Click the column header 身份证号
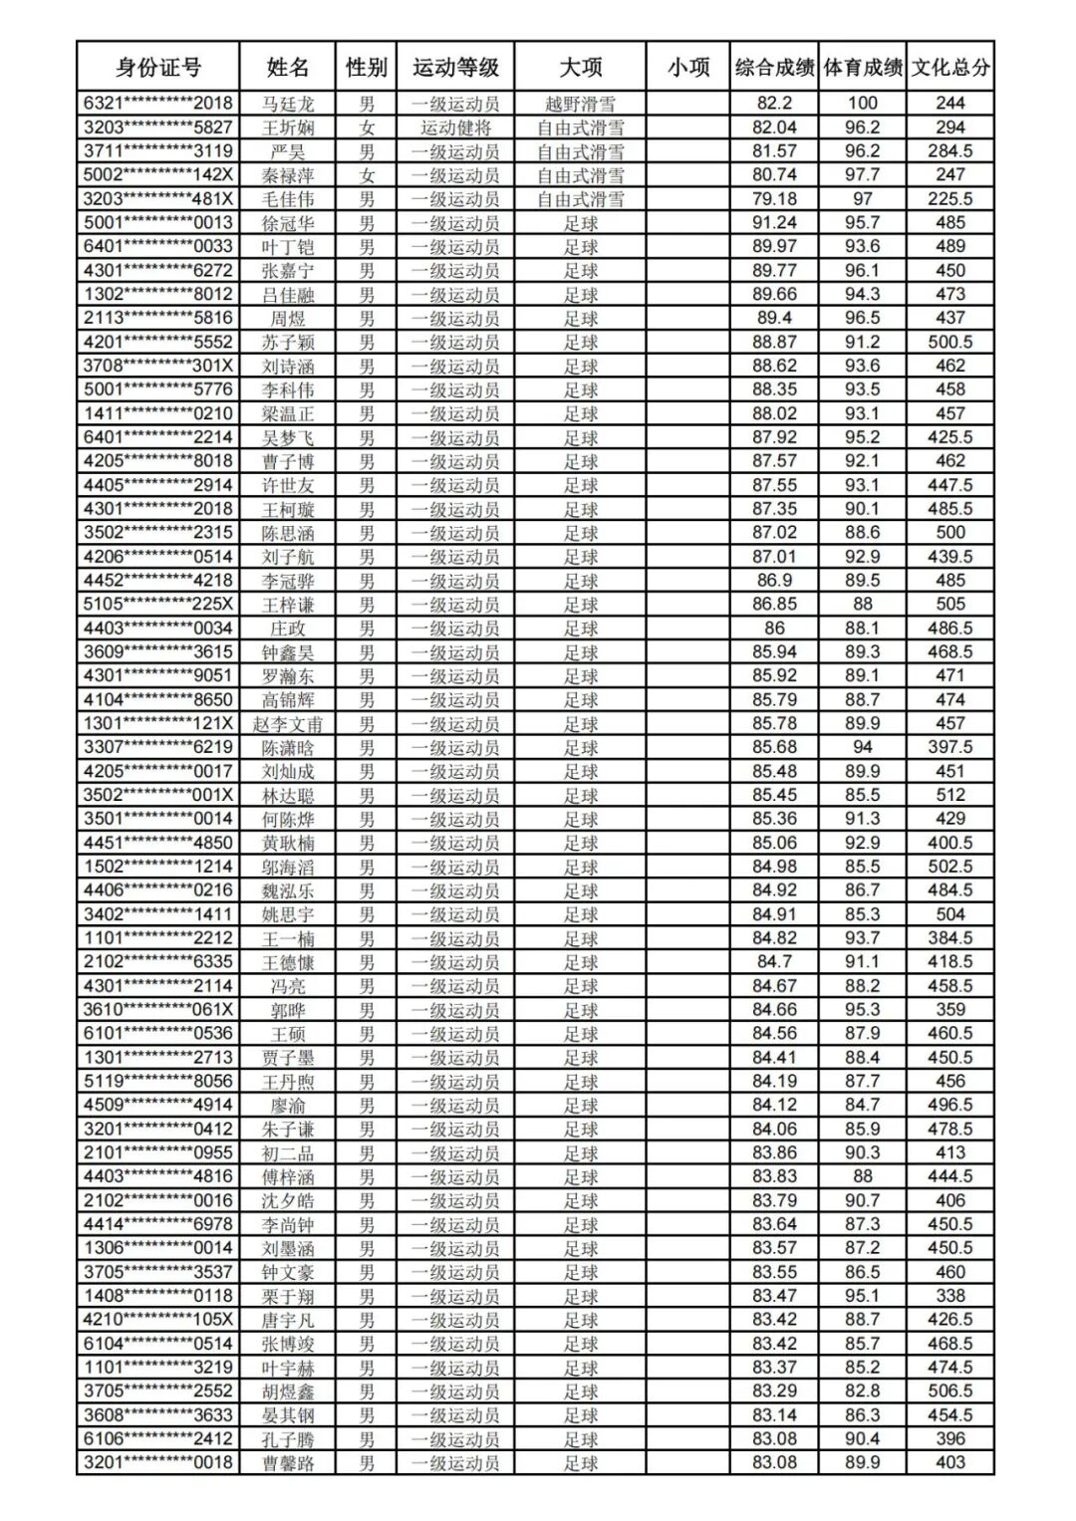coord(158,68)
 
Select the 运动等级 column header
coord(455,68)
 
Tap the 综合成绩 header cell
coord(774,68)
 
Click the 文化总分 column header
coord(950,68)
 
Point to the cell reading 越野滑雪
coord(580,104)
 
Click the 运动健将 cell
coord(455,127)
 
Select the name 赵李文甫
coord(288,724)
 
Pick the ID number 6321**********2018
coord(158,104)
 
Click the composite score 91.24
coord(774,223)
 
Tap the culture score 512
coord(950,795)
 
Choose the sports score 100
coord(863,104)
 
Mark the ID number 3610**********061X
coord(158,1010)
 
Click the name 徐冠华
coord(288,223)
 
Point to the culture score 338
coord(950,1296)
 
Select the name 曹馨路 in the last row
coord(288,1463)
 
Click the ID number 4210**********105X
coord(158,1320)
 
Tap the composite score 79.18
coord(774,199)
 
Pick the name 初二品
coord(288,1153)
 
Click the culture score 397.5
coord(950,748)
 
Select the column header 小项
coord(688,68)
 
